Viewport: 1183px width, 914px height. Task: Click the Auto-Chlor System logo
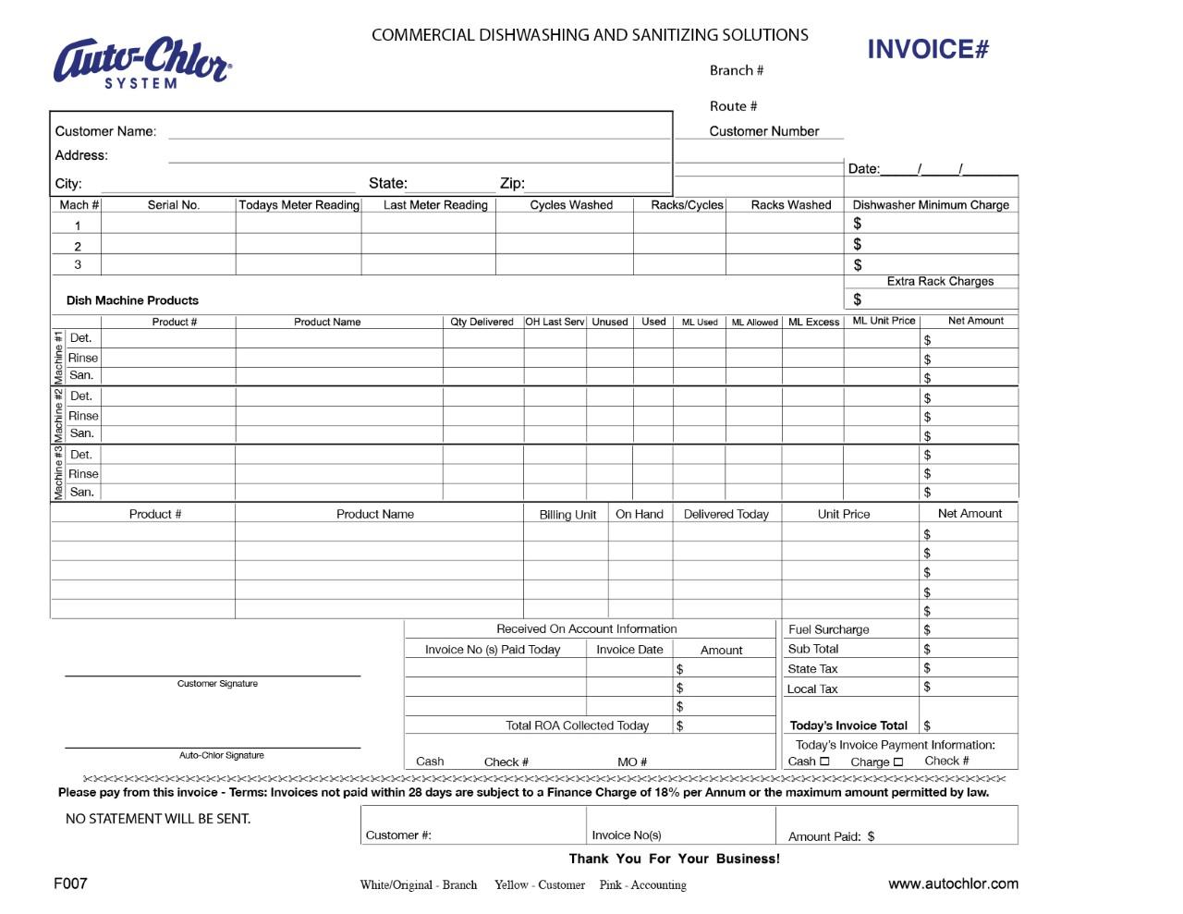(142, 63)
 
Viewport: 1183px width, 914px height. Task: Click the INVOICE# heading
(927, 50)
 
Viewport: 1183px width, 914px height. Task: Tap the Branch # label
(736, 70)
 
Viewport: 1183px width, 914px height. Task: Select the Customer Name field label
(105, 131)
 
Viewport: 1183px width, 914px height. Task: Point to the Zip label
(512, 183)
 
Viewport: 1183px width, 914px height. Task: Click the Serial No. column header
(173, 205)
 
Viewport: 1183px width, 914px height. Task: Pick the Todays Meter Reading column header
(299, 205)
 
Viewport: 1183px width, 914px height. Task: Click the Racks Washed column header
(790, 205)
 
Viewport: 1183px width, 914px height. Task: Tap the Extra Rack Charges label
(940, 281)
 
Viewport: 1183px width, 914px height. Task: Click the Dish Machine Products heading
(132, 300)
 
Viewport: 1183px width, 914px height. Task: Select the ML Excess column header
(813, 323)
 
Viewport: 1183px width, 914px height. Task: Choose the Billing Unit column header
(567, 515)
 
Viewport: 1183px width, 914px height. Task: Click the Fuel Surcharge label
(828, 629)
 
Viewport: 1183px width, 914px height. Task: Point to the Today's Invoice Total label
(848, 725)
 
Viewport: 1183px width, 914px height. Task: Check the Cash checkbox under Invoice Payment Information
(824, 762)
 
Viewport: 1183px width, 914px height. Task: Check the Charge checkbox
(897, 762)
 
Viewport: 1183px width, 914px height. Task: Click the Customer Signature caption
(217, 684)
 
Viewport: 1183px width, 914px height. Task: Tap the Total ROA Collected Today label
(577, 725)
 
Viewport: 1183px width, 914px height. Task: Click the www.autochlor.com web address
(953, 884)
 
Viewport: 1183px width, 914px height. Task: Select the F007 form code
(70, 883)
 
